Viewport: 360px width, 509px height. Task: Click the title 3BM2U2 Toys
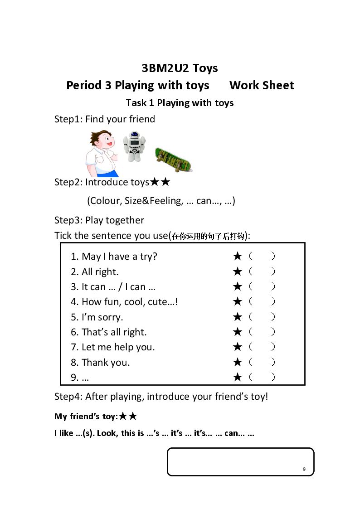(x=180, y=68)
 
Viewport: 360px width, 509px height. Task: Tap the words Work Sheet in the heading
(x=262, y=85)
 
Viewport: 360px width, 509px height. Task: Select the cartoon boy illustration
(x=101, y=154)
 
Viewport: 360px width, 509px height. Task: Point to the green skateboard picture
(x=174, y=160)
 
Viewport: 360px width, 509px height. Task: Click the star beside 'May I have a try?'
(x=238, y=256)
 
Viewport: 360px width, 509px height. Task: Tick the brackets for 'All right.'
(x=262, y=271)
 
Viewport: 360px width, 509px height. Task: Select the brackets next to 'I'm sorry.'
(x=262, y=317)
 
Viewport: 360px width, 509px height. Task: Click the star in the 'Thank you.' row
(x=238, y=362)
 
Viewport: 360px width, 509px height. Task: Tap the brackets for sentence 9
(x=262, y=377)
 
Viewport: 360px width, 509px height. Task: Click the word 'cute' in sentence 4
(x=157, y=302)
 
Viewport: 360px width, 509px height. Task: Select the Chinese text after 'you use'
(x=208, y=236)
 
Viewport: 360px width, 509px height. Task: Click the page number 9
(x=304, y=469)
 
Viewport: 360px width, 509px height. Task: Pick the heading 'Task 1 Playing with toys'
(x=180, y=103)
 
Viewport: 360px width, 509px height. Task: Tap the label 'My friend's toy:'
(x=86, y=417)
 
